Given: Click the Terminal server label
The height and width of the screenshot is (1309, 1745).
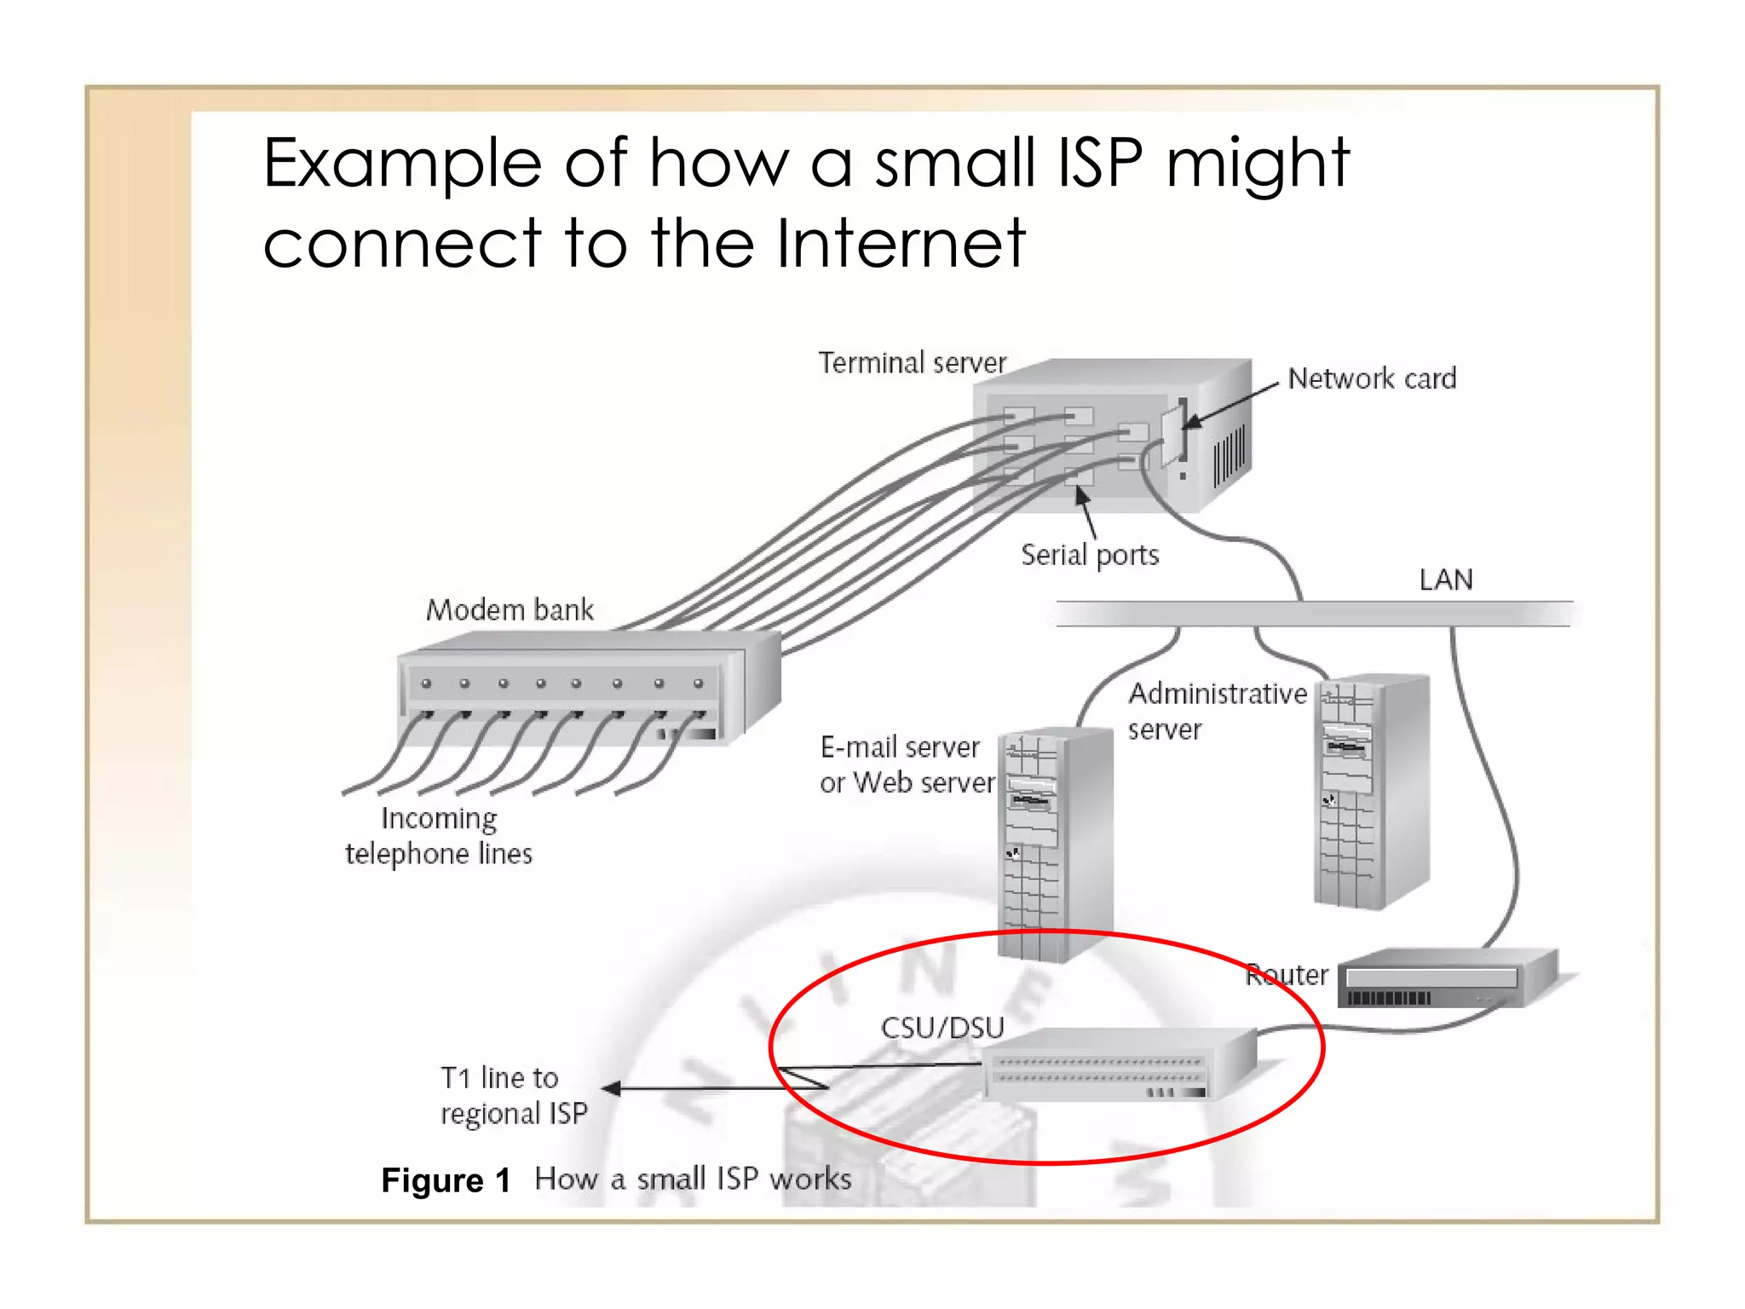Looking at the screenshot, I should click(912, 363).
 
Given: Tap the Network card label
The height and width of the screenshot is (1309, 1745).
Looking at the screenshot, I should click(1372, 378).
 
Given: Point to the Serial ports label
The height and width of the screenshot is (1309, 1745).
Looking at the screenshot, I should click(1090, 555).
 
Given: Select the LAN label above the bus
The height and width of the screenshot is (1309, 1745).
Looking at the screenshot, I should click(1446, 580).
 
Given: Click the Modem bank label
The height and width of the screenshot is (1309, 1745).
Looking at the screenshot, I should click(510, 610).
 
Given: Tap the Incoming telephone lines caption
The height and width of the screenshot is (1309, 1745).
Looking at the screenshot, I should click(439, 836).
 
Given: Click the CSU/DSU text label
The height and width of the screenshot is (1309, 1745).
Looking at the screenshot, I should click(942, 1028).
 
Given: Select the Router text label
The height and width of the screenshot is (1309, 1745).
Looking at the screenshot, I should click(1287, 975).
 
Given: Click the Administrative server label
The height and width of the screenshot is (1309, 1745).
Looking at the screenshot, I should click(1217, 711).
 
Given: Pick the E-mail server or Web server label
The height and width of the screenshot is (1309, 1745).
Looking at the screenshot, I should click(907, 765).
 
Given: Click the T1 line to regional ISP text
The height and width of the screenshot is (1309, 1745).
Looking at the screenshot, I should click(514, 1096).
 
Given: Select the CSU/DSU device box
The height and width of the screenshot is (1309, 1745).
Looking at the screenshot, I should click(1116, 1065).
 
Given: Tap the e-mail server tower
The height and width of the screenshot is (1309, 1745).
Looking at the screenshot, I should click(1055, 844).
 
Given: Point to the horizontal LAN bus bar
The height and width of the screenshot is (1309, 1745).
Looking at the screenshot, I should click(1312, 614).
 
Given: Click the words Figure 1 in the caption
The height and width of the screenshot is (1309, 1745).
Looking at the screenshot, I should click(446, 1181).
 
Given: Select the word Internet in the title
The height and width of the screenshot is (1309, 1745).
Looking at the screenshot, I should click(901, 244).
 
